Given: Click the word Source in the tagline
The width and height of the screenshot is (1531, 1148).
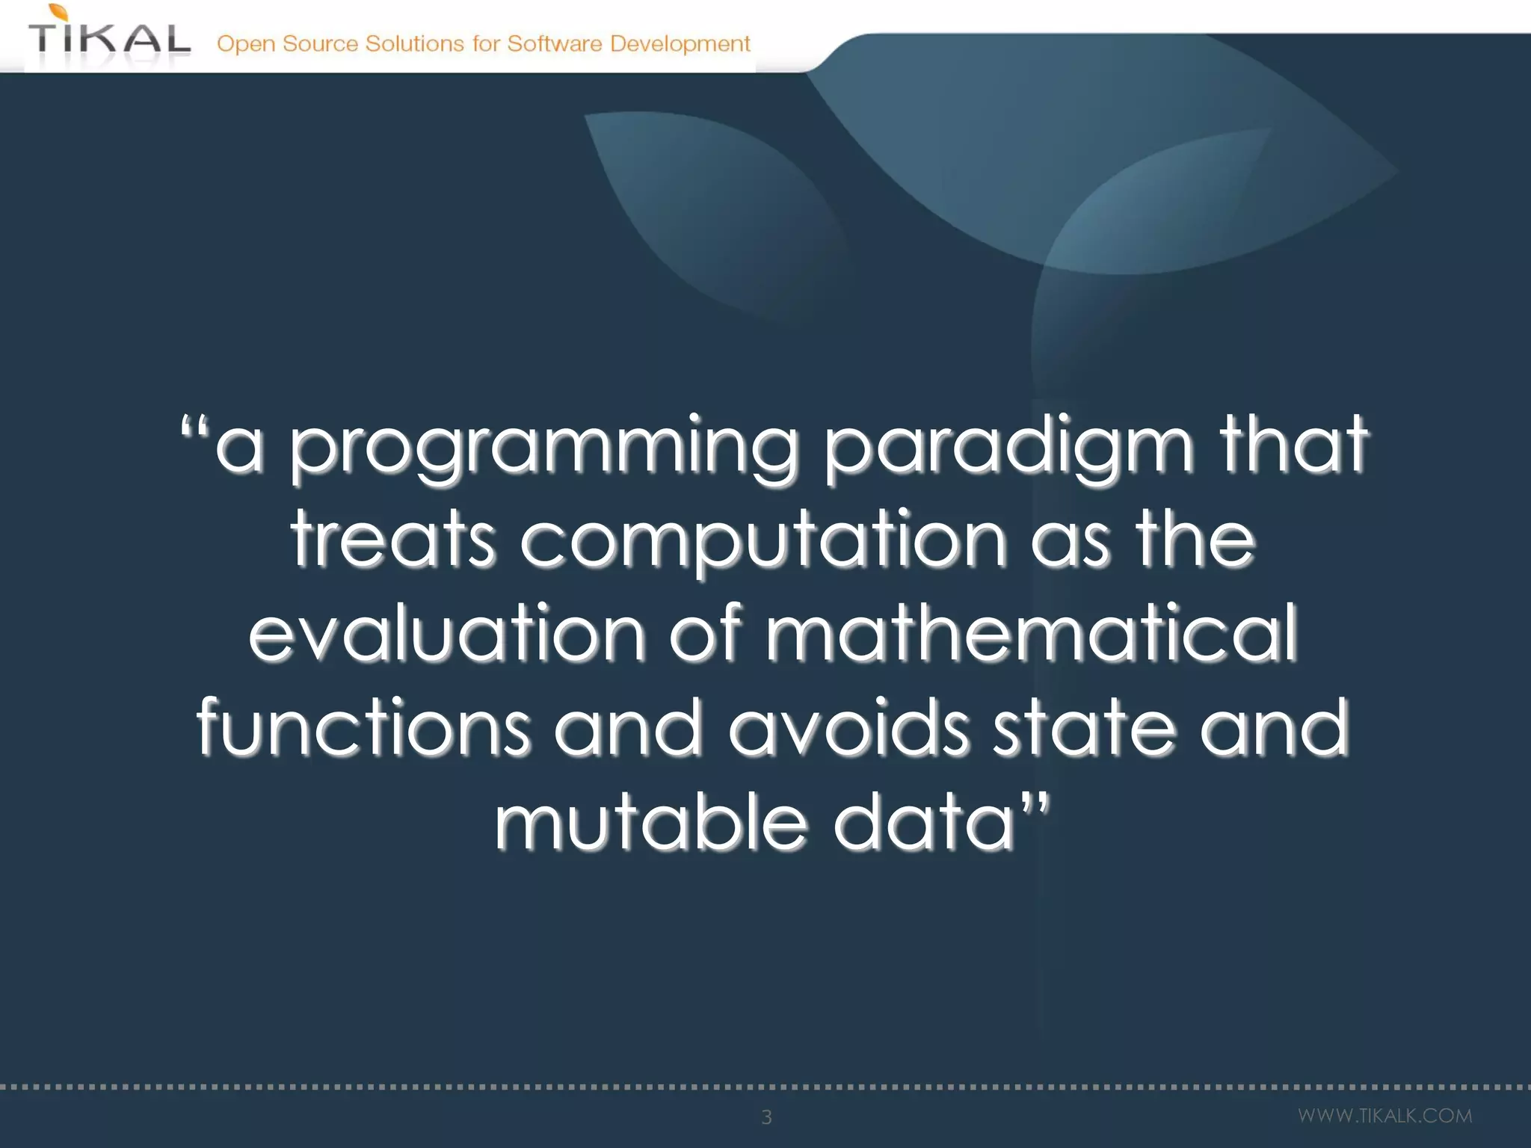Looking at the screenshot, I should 320,44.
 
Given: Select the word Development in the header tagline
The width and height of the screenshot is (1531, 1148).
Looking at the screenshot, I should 680,44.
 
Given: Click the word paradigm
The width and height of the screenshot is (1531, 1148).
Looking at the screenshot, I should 1008,448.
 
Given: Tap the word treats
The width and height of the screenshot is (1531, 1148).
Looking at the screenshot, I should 392,540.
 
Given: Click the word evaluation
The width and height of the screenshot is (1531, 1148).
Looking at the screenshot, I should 446,634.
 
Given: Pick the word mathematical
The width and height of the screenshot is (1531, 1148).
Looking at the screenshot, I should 1032,634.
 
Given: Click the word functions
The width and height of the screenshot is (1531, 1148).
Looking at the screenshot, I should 363,728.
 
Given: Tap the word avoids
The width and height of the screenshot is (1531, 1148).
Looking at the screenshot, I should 848,728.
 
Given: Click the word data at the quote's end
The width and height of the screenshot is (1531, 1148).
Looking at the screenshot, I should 924,823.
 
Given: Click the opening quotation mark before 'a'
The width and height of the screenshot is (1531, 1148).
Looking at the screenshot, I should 194,430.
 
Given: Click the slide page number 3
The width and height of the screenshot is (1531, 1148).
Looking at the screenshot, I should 766,1117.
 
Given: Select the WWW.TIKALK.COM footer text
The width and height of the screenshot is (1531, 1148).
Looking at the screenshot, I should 1384,1116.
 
